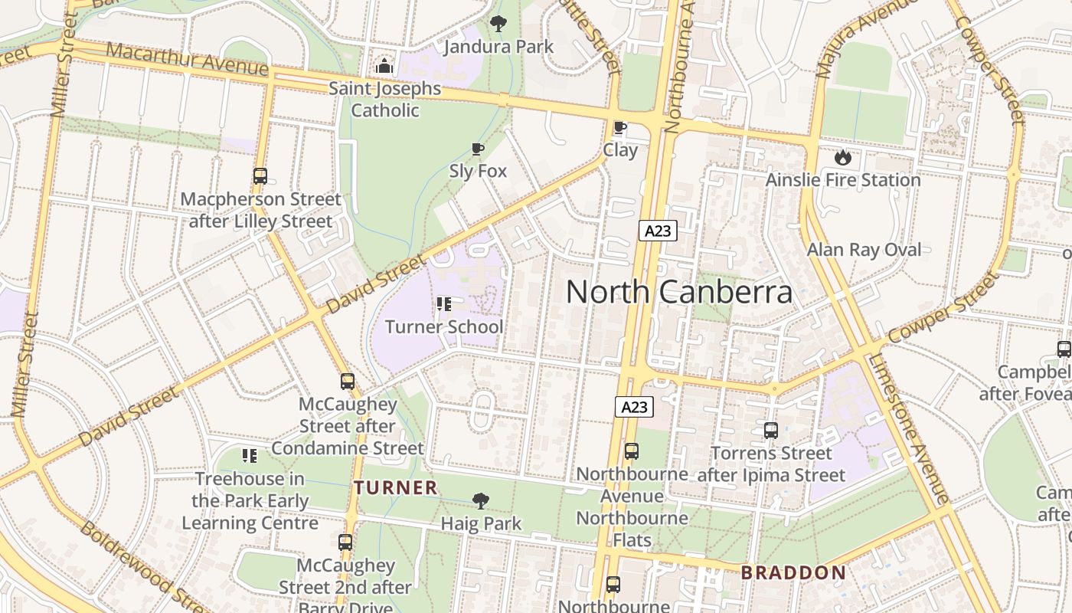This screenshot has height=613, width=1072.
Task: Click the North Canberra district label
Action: coord(679,292)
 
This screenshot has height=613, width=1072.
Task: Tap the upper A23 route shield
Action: coord(658,231)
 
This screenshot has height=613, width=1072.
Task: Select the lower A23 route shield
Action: coord(634,407)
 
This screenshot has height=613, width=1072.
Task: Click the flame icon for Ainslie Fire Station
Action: coord(843,158)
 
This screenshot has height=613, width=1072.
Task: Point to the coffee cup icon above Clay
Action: coord(619,128)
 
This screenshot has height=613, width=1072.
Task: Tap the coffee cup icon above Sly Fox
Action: coord(478,149)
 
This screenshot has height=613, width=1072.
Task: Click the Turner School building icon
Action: coord(443,305)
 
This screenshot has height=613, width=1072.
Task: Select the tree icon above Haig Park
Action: coord(481,501)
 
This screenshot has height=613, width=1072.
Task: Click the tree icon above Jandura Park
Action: coord(498,24)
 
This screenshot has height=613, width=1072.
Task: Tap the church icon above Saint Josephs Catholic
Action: coord(384,67)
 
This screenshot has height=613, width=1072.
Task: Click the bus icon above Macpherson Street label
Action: coord(260,176)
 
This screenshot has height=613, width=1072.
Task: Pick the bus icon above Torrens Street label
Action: coord(770,431)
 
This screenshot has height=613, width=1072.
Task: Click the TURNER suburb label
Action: coord(396,487)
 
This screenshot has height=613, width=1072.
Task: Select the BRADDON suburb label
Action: coord(793,572)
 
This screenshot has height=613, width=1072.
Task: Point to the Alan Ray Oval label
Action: coord(864,250)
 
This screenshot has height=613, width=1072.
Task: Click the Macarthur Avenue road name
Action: coord(187,60)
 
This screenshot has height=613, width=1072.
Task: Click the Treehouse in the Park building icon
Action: coord(250,457)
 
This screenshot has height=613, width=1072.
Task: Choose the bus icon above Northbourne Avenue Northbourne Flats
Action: coord(632,451)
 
